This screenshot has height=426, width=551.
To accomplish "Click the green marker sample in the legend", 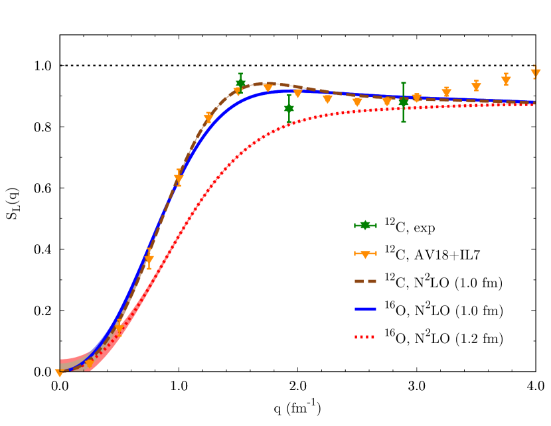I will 365,226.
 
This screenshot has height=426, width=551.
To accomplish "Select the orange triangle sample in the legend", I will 365,253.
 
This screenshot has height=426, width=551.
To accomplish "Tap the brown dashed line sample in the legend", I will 365,281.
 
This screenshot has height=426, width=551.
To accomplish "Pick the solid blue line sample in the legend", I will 365,309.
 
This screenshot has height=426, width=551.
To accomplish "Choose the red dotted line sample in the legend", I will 365,337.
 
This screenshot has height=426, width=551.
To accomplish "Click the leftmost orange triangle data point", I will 59,373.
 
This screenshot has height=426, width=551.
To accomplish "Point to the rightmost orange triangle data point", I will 535,72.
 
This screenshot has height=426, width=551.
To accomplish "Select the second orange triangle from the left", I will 89,364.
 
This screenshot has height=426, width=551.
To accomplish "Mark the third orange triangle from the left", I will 119,326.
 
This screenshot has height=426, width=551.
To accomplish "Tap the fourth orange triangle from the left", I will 149,259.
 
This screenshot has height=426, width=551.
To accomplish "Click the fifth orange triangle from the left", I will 179,178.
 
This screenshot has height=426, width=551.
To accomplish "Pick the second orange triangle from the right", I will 506,80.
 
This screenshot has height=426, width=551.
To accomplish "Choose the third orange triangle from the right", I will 476,86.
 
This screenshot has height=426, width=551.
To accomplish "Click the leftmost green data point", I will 240,84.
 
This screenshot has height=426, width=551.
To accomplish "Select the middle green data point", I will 289,107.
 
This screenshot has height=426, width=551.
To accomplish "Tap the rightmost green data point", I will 403,102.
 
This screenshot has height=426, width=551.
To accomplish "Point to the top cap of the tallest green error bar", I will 403,83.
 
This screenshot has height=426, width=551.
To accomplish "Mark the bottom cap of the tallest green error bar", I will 403,121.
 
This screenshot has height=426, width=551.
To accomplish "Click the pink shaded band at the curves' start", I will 69,364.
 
